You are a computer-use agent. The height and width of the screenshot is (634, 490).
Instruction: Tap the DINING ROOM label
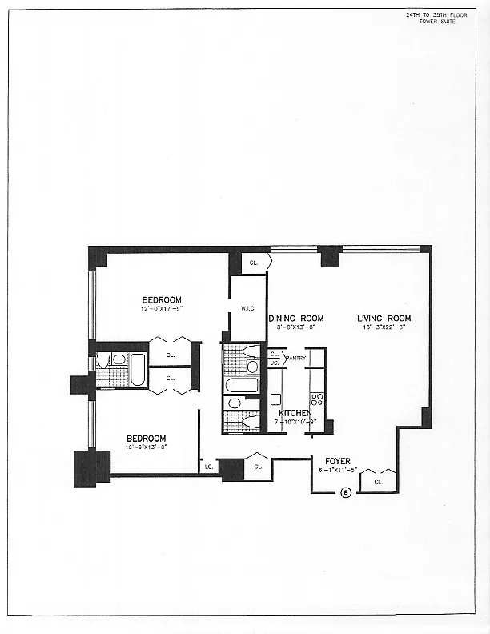294,318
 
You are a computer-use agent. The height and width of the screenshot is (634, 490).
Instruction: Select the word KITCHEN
295,413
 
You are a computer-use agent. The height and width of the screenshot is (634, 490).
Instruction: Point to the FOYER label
336,460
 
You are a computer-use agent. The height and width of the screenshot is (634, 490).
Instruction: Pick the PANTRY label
296,357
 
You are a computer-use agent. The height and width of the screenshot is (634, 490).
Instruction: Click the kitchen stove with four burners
317,398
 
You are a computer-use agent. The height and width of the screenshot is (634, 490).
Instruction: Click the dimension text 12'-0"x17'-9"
163,308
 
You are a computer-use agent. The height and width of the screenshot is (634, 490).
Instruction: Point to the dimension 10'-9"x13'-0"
146,447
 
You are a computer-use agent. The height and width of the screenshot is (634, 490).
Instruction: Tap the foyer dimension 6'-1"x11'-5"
337,469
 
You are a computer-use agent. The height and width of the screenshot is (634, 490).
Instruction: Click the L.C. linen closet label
208,466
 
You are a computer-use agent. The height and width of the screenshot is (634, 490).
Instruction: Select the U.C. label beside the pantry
274,363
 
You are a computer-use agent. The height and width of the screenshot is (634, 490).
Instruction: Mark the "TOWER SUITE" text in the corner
436,21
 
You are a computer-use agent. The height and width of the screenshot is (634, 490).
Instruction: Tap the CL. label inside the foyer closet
378,482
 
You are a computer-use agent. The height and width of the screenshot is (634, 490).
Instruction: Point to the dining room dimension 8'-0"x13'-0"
294,327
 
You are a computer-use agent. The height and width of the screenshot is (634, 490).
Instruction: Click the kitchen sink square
275,399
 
